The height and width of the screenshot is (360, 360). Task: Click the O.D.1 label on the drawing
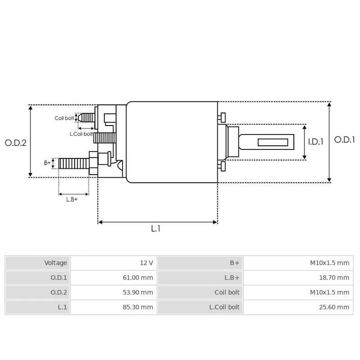344,140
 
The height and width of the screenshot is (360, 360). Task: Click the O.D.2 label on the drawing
16,143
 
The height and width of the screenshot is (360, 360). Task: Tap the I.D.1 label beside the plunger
316,142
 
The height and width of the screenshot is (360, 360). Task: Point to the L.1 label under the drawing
155,229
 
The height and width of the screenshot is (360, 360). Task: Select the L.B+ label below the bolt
72,199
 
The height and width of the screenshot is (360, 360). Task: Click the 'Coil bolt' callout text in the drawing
64,118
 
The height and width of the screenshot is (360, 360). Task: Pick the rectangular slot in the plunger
273,142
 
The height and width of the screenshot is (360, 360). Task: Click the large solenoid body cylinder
172,142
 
